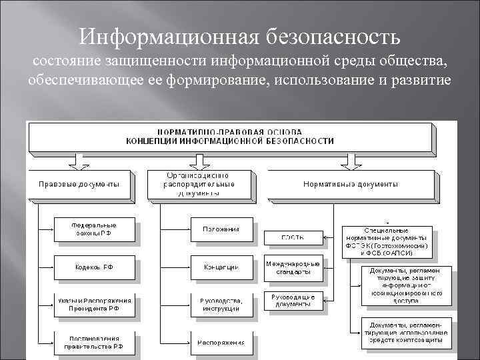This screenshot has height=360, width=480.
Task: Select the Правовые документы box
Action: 79,184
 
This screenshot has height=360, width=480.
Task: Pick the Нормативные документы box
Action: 351,184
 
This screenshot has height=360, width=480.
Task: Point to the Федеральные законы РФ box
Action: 94,229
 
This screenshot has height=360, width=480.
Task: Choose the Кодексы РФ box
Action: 94,267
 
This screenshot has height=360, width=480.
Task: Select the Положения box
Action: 221,229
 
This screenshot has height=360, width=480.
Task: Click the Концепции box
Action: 221,267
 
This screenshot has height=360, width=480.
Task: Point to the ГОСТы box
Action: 293,237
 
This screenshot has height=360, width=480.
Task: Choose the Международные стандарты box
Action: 293,268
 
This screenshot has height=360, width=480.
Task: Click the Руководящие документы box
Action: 293,300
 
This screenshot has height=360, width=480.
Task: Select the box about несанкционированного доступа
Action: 406,285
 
